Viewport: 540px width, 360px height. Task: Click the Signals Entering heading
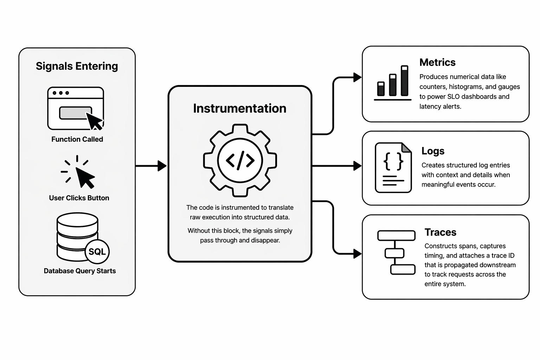[x=77, y=66]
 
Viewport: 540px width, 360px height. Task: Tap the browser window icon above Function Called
[x=76, y=108]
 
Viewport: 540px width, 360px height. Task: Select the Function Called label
[x=77, y=139]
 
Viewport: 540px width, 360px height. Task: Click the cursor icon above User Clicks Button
[x=84, y=176]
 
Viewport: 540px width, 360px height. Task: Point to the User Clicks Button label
[x=79, y=198]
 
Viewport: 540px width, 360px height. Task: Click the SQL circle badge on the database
[x=97, y=252]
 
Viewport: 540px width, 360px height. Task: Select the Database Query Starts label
[x=80, y=271]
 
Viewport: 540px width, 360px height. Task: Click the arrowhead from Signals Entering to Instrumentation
[x=162, y=166]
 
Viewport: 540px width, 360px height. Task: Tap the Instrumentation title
[x=239, y=108]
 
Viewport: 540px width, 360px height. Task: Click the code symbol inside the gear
[x=240, y=160]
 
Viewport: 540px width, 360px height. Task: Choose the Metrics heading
[x=437, y=63]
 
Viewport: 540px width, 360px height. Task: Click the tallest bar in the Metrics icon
[x=404, y=81]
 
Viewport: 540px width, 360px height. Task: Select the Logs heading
[x=433, y=151]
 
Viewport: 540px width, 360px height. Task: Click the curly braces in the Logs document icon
[x=393, y=161]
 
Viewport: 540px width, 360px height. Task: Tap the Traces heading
[x=440, y=232]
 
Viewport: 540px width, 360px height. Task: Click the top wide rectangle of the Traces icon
[x=396, y=236]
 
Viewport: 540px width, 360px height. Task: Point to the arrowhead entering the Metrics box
[x=358, y=77]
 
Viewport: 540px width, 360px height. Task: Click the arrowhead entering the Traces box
[x=358, y=253]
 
